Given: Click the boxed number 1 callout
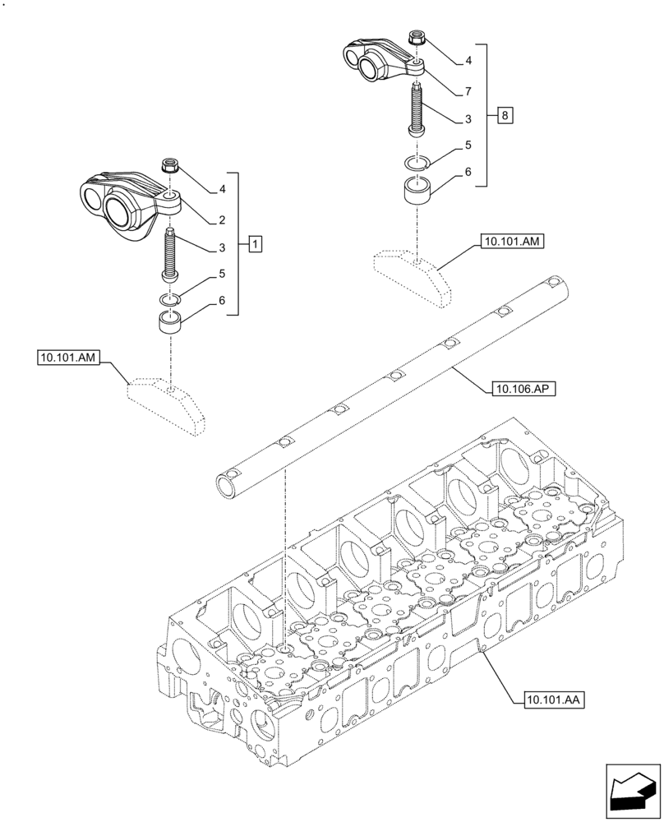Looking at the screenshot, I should pos(256,244).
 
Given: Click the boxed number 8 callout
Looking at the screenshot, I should pos(505,115).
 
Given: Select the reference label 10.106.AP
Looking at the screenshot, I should pos(523,389).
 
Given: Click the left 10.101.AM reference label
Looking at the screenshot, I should pos(68,357).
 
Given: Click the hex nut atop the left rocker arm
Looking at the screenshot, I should pos(171,166).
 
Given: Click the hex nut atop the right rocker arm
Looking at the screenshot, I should pos(417,38).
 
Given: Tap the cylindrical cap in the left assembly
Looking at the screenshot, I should pos(171,321).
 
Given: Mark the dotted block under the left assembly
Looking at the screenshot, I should pos(164,404).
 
